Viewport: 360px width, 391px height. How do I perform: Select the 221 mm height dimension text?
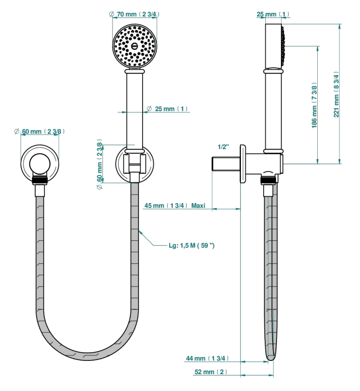[x=336, y=94]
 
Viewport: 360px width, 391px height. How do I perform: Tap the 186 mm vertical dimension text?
[x=314, y=105]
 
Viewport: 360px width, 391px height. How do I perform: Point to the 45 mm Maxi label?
[x=175, y=206]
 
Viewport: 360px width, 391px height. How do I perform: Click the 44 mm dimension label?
[x=207, y=358]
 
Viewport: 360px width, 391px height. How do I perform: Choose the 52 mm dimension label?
[x=211, y=372]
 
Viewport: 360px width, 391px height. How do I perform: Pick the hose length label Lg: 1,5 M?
[x=191, y=245]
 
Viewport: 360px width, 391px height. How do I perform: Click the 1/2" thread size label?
[x=224, y=147]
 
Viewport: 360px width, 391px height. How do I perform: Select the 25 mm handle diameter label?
[x=167, y=109]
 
